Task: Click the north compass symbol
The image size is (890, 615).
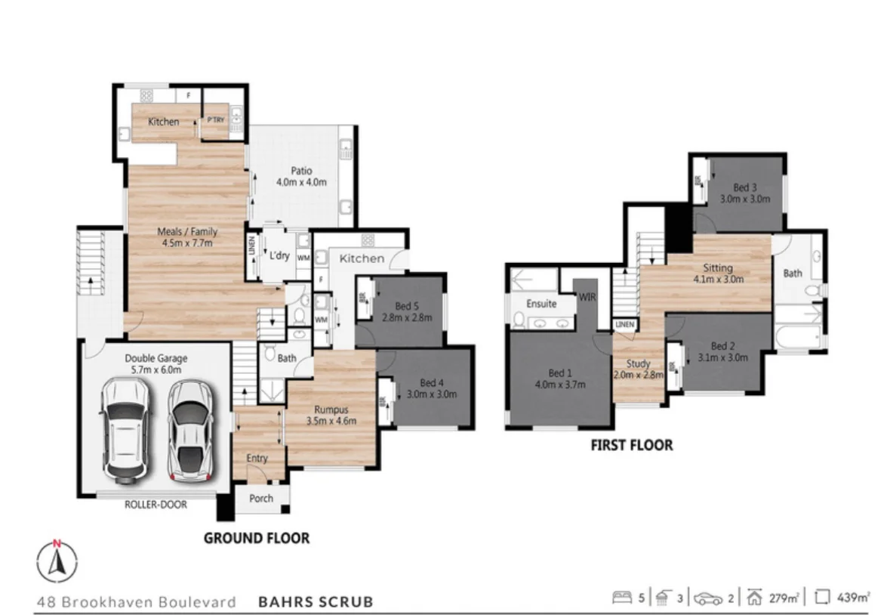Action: click(x=57, y=563)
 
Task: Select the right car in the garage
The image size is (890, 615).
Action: click(x=189, y=430)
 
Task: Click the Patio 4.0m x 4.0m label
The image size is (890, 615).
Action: click(x=301, y=176)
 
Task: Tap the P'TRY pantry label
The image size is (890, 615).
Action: click(x=215, y=119)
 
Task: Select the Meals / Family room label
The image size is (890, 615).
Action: click(x=185, y=237)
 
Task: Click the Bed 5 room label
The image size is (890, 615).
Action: click(x=407, y=311)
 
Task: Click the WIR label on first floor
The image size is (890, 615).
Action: click(x=587, y=298)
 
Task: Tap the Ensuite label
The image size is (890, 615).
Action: click(x=541, y=304)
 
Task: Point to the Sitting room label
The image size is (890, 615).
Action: click(x=718, y=273)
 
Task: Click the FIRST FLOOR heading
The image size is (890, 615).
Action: click(x=631, y=445)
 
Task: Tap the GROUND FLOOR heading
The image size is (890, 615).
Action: click(x=257, y=538)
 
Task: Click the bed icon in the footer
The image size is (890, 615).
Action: click(x=621, y=598)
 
